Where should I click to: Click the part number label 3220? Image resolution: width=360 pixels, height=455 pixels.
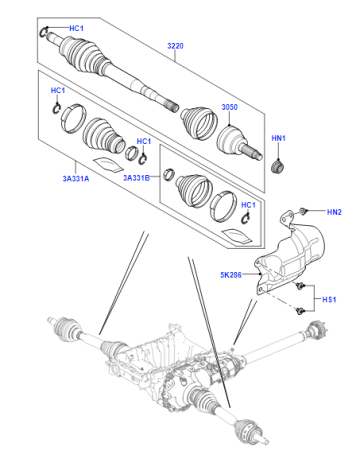click(175, 46)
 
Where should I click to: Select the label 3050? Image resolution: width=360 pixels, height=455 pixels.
click(230, 107)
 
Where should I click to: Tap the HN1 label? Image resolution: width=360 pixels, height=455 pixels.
click(279, 138)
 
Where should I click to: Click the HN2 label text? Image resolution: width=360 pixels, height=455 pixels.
click(334, 212)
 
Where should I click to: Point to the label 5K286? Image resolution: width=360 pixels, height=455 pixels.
click(231, 275)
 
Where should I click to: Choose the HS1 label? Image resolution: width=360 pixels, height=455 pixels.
click(329, 299)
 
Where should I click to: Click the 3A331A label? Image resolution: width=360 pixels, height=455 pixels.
click(76, 179)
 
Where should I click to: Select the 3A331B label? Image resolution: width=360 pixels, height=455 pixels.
click(137, 178)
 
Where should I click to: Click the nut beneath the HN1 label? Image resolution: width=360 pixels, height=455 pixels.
click(277, 166)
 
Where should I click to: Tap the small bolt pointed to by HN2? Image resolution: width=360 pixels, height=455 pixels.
click(303, 211)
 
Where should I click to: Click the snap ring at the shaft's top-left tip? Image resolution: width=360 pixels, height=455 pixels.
click(45, 32)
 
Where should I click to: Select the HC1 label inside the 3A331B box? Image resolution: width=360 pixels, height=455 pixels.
click(248, 205)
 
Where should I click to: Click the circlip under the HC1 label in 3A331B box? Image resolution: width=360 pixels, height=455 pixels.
click(245, 219)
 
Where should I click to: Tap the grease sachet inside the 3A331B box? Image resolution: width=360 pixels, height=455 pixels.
click(238, 235)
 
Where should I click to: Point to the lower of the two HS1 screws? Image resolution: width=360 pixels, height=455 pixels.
click(300, 311)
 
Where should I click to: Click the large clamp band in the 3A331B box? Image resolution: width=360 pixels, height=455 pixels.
click(223, 206)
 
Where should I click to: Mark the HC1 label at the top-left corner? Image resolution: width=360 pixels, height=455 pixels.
click(76, 28)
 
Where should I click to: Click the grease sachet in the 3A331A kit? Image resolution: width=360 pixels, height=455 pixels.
click(108, 164)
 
